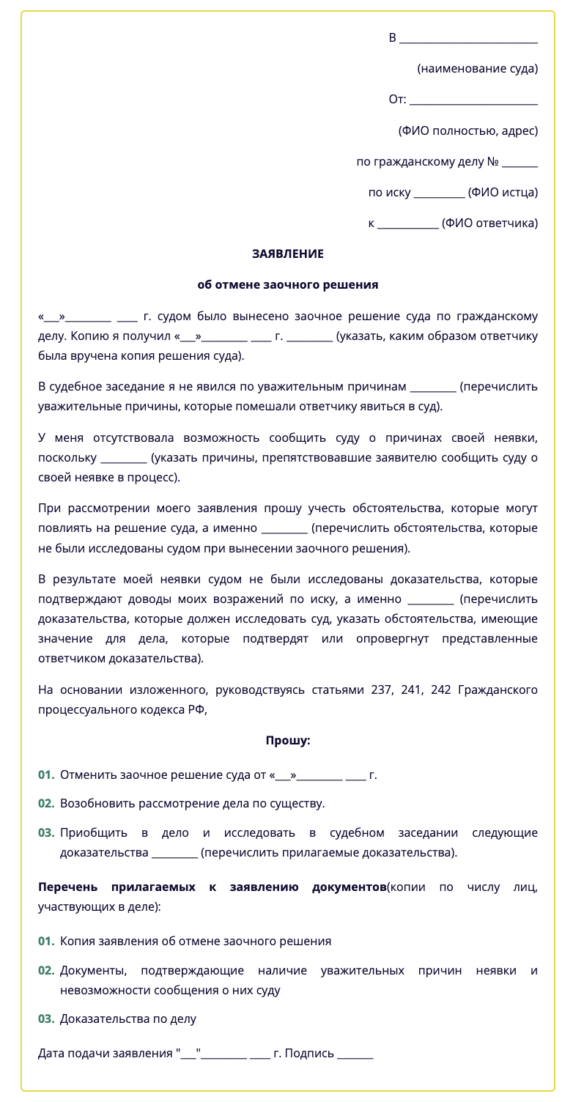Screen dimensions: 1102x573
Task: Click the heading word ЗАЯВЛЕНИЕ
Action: coord(287,254)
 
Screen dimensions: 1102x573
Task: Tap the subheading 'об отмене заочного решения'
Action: coord(287,285)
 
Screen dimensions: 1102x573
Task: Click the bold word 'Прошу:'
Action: coord(287,741)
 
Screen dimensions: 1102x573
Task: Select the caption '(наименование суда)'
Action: coord(477,69)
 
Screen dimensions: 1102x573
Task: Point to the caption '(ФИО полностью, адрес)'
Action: coord(467,131)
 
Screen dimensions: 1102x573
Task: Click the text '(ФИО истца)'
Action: coord(503,193)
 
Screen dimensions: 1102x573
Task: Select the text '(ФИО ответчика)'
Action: coord(490,223)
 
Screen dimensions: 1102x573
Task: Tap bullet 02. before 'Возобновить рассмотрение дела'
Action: coord(46,804)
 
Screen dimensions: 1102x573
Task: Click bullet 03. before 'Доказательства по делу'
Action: coord(46,1019)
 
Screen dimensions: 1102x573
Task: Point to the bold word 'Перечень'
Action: coord(66,887)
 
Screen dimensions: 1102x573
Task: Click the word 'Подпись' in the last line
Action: coord(309,1054)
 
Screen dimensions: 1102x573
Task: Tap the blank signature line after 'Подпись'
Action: coord(355,1055)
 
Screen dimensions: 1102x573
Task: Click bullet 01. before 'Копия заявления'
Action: coord(46,942)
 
